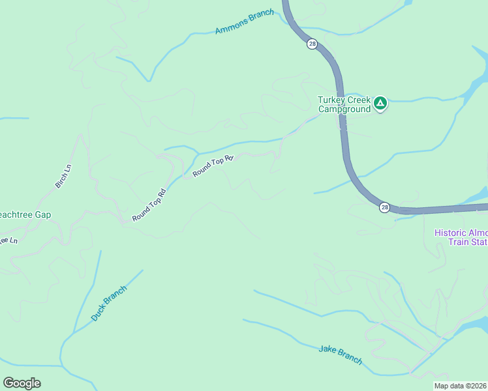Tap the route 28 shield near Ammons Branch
tap(312, 44)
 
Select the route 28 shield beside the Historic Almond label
tap(384, 207)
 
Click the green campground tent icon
tap(380, 103)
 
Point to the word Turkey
tap(331, 100)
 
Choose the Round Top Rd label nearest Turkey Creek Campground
tap(213, 164)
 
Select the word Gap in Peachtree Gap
tap(42, 214)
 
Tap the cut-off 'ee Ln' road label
tap(8, 240)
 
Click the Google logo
tap(22, 383)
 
